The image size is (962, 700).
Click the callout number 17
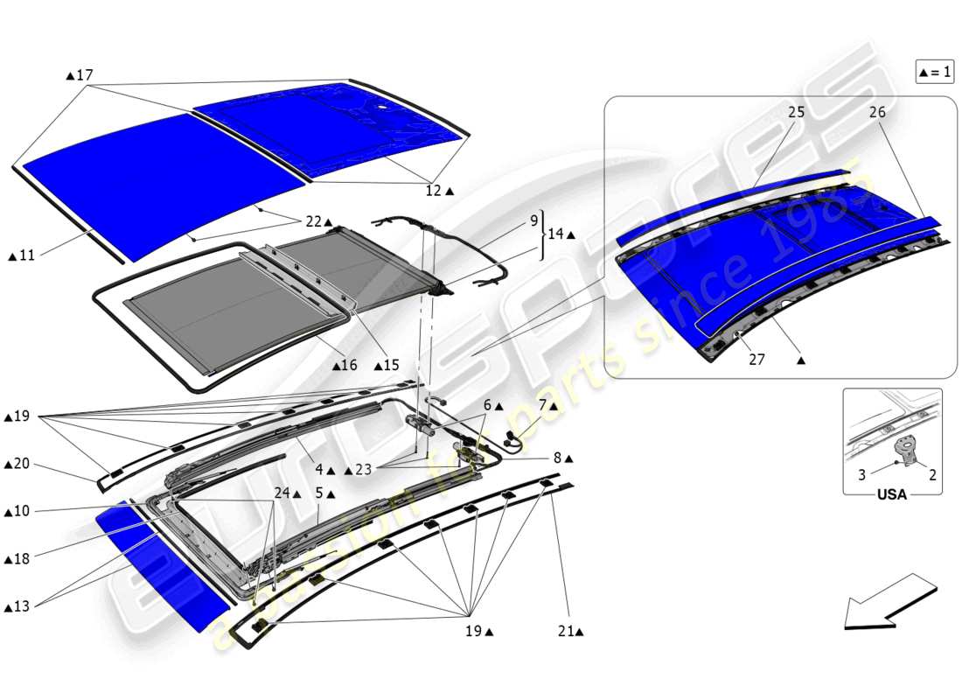click(84, 76)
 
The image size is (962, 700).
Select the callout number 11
click(26, 255)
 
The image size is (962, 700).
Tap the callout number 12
click(435, 190)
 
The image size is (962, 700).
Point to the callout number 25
click(796, 113)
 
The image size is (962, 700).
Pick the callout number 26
click(877, 113)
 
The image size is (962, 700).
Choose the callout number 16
click(350, 365)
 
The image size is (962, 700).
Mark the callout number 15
click(389, 365)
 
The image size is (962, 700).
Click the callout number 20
click(23, 464)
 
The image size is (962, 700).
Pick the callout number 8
click(558, 458)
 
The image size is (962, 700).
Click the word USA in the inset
click(892, 494)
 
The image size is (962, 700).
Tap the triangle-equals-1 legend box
click(934, 73)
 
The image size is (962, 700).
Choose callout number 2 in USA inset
click(932, 475)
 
